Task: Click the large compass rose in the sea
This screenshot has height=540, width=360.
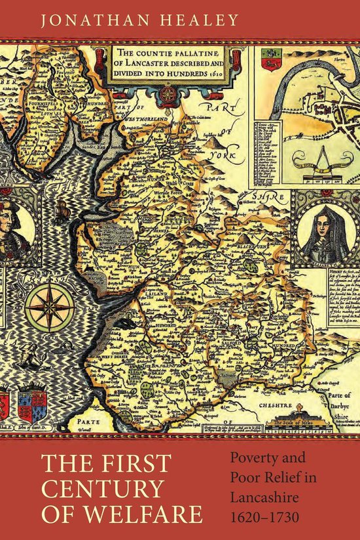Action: (50, 306)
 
